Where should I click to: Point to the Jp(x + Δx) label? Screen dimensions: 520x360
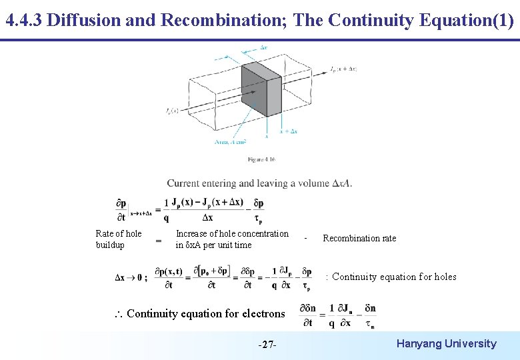[343, 68]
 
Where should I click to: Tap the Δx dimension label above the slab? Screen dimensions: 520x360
[264, 47]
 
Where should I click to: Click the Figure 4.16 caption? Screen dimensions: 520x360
[261, 159]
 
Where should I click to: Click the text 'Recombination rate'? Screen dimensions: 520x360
[359, 239]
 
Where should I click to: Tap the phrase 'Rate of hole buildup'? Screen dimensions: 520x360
[119, 239]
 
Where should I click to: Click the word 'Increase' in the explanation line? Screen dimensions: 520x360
[191, 234]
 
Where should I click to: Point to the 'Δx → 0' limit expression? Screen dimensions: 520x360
[131, 279]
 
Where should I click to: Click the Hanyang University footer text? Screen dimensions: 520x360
[446, 344]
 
